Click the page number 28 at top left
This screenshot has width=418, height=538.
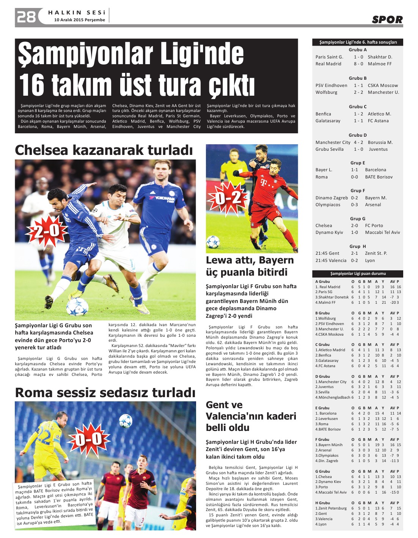[26, 17]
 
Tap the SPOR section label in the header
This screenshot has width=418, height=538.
[387, 20]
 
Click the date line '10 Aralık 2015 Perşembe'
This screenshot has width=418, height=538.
[80, 20]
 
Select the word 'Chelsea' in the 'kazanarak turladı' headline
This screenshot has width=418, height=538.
[41, 150]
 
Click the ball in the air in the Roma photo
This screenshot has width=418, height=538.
[125, 421]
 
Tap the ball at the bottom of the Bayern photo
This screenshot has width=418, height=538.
[213, 242]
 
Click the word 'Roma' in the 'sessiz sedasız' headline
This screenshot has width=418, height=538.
[34, 393]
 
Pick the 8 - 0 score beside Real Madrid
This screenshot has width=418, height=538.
[358, 64]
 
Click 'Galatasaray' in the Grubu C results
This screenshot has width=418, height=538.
[328, 121]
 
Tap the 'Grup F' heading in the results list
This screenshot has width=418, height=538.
[357, 191]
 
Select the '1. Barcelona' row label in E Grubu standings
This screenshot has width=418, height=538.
[326, 413]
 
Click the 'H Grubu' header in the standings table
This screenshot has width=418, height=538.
[322, 503]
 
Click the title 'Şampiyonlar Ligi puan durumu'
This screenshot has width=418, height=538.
[358, 273]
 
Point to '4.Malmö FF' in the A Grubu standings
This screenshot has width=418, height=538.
[325, 302]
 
